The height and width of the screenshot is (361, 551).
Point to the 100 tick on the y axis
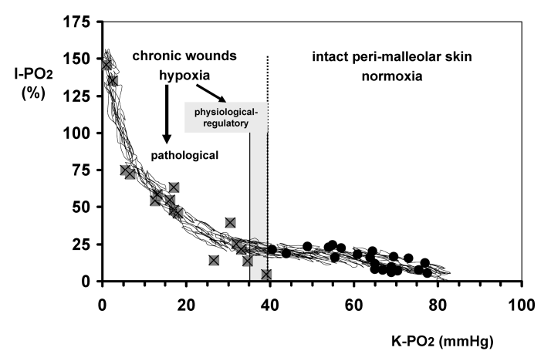(x=79, y=133)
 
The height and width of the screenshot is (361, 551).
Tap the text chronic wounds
(x=184, y=56)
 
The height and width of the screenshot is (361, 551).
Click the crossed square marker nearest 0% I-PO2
(x=266, y=275)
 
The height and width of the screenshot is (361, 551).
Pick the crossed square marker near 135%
(x=113, y=81)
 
